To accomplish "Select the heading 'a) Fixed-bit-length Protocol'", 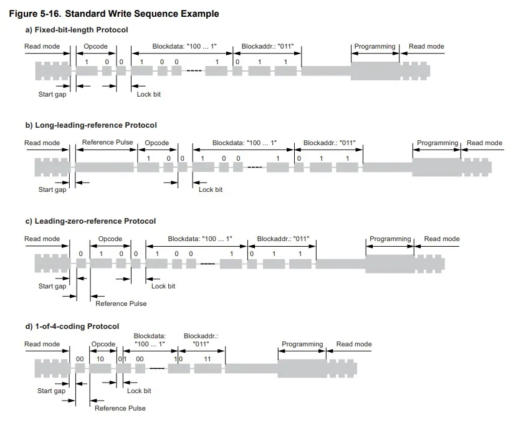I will (x=76, y=30).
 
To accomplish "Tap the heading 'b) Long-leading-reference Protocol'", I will (x=91, y=125).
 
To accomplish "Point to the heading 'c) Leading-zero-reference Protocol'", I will (x=90, y=221).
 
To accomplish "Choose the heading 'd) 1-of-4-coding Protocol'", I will (x=72, y=326).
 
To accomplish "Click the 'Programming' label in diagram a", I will (x=375, y=47).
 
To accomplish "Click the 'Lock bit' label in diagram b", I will (x=211, y=189).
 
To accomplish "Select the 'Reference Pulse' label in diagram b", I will (x=107, y=143).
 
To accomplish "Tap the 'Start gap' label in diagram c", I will (x=52, y=286).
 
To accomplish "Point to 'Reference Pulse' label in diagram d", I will (x=120, y=408).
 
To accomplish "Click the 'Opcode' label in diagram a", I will (x=96, y=47).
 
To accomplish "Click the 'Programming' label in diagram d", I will (x=302, y=344).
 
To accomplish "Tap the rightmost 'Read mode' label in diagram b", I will (x=484, y=143).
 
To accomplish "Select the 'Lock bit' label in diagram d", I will (x=139, y=391).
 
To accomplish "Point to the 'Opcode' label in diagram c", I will (x=110, y=239).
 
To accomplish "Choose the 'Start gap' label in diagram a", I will (x=52, y=94).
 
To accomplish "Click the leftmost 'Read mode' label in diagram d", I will (x=42, y=344).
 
